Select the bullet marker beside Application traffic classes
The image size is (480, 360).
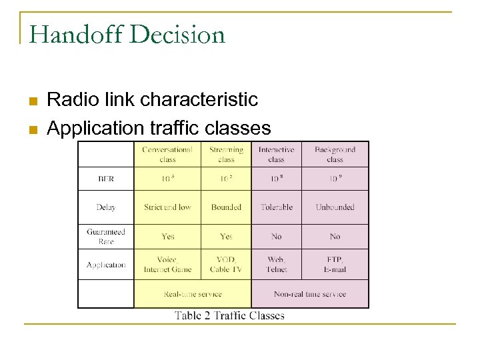tap(31, 129)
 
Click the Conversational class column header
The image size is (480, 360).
tap(167, 155)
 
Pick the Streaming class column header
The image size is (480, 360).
tap(226, 155)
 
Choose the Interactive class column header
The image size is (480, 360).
tap(277, 155)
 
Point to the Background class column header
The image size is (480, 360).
tap(335, 155)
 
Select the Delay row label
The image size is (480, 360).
tap(106, 207)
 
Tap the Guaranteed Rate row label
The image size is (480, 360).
tap(106, 237)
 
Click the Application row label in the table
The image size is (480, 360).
tap(106, 265)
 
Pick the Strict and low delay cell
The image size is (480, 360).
tap(167, 207)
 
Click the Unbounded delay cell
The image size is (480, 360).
tap(335, 207)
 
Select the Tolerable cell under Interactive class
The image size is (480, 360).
tap(277, 207)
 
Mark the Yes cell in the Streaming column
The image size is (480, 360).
tap(226, 237)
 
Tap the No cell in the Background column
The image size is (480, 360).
tap(335, 237)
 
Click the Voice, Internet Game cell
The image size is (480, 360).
tap(167, 265)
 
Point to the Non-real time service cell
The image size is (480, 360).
tap(310, 294)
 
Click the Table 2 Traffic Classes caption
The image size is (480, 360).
tap(229, 316)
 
